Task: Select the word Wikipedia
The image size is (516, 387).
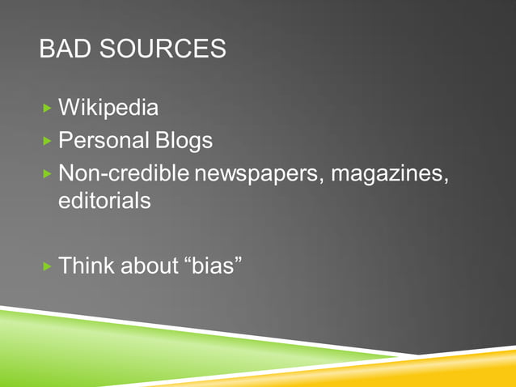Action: pyautogui.click(x=108, y=108)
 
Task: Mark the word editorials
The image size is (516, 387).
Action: pyautogui.click(x=104, y=201)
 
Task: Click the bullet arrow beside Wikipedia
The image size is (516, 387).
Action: pyautogui.click(x=48, y=108)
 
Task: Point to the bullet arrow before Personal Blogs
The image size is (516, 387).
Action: pyautogui.click(x=48, y=141)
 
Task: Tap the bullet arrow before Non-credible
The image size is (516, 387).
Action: pyautogui.click(x=48, y=174)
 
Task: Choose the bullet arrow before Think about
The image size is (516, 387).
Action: pyautogui.click(x=48, y=265)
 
